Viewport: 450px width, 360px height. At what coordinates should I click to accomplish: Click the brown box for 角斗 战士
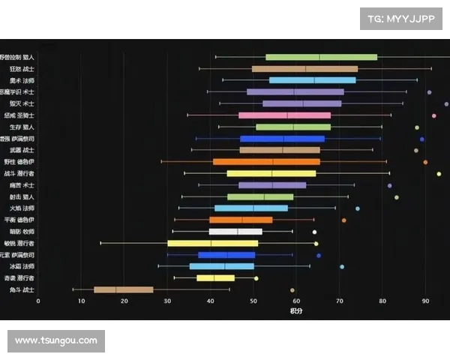[x=123, y=289]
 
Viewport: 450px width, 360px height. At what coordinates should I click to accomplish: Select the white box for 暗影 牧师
[x=235, y=232]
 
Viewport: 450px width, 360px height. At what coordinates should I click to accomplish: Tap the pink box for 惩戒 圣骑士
[x=284, y=115]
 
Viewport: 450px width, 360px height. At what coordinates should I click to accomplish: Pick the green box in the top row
[x=321, y=57]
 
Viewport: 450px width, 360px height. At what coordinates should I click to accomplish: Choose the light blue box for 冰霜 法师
[x=221, y=266]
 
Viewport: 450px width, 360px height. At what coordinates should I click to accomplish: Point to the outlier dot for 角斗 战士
[x=292, y=289]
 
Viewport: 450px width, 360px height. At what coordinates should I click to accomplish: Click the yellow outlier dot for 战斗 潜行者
[x=439, y=174]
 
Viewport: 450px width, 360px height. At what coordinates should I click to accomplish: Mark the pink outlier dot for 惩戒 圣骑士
[x=434, y=115]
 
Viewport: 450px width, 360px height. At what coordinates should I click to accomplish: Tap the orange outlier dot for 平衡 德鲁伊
[x=344, y=220]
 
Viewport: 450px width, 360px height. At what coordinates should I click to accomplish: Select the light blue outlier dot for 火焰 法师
[x=358, y=208]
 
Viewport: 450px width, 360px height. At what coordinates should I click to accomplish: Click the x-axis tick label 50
[x=253, y=301]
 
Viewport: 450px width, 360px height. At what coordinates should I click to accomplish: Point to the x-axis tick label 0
[x=38, y=301]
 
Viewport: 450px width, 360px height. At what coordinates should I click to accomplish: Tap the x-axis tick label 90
[x=426, y=301]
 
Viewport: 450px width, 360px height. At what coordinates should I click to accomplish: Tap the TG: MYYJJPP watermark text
[x=402, y=19]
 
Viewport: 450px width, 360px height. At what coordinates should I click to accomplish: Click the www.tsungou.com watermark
[x=56, y=340]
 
